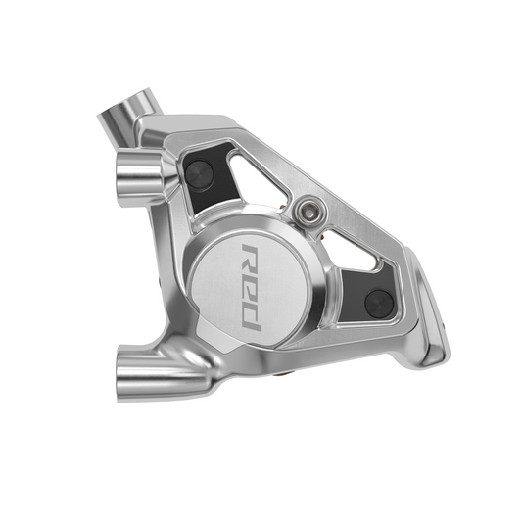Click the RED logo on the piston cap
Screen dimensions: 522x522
pos(252,287)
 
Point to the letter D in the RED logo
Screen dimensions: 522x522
pos(252,317)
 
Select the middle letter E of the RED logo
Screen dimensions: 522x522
pos(252,287)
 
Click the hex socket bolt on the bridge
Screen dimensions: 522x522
pos(308,212)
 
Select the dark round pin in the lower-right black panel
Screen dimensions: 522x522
pos(379,304)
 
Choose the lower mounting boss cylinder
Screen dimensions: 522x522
pos(160,373)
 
